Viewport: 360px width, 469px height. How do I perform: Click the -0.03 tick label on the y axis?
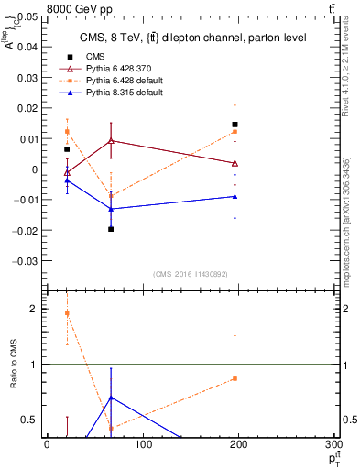point(25,260)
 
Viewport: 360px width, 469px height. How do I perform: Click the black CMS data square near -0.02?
point(111,229)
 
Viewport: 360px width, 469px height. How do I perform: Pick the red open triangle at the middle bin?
point(111,141)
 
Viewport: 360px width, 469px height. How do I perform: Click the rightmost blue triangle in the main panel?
point(235,196)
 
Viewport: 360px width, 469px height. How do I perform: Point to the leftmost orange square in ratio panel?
point(67,313)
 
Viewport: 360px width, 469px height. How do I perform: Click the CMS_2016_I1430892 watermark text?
point(191,274)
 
